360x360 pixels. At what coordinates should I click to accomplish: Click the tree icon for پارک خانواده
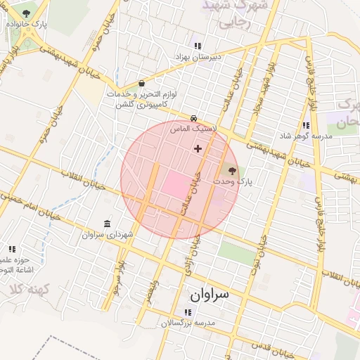[x=27, y=13]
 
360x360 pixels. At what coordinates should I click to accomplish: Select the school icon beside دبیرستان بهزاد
[x=198, y=46]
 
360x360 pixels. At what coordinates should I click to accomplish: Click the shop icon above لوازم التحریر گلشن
[x=142, y=83]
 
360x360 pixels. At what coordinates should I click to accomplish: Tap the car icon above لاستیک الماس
[x=193, y=118]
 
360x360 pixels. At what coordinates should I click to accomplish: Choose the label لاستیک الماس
[x=194, y=129]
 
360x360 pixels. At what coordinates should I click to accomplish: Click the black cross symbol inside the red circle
[x=198, y=148]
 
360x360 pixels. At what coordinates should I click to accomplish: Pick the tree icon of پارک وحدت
[x=233, y=170]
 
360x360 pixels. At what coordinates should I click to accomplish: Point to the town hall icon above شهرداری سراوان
[x=107, y=224]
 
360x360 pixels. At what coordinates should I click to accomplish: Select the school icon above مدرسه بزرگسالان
[x=188, y=312]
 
